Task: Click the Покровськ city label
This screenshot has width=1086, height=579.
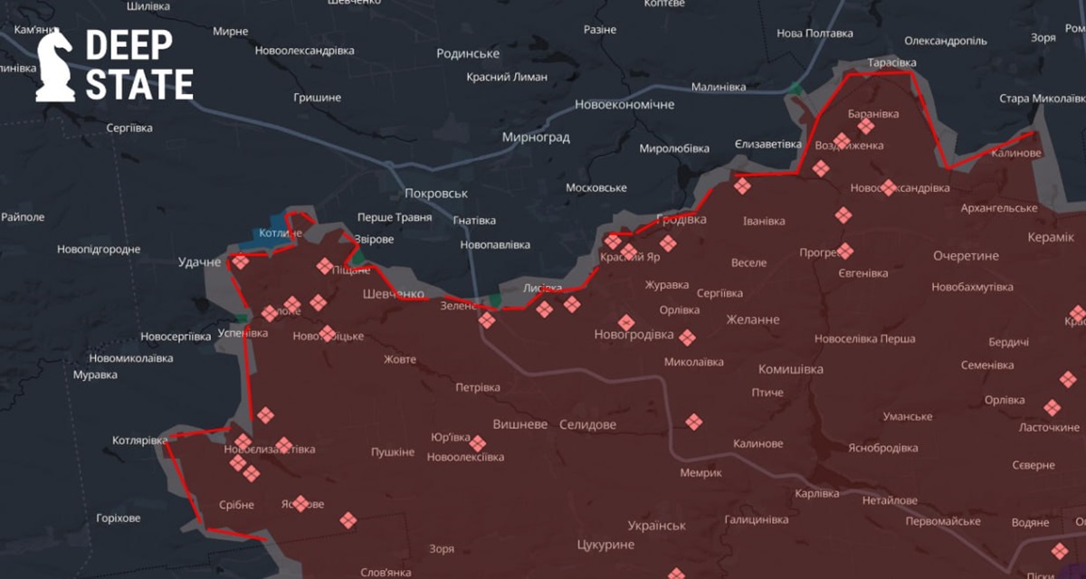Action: tap(436, 194)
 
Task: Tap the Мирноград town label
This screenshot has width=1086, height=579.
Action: tap(536, 138)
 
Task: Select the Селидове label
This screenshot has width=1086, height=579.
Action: tap(587, 424)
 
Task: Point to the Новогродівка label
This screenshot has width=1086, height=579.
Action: tap(633, 335)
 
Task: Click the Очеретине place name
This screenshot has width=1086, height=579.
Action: tap(966, 256)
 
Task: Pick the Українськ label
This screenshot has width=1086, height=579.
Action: tap(656, 526)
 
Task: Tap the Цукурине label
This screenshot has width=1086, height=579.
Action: tap(605, 545)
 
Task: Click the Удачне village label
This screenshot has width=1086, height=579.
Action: tap(199, 262)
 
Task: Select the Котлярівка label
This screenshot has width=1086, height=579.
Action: tap(139, 441)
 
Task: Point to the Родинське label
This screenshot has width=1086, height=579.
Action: tap(468, 53)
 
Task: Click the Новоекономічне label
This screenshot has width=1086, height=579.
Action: tap(624, 105)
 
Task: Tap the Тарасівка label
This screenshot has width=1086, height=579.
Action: tap(891, 62)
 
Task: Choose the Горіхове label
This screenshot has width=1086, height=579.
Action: tap(118, 518)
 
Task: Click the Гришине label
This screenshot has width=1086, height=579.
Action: tap(318, 97)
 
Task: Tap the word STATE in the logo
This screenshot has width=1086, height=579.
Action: tap(139, 85)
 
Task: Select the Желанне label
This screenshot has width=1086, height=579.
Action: tap(752, 319)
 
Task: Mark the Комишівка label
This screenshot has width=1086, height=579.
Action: tap(790, 369)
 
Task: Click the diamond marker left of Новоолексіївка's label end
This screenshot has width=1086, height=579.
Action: tap(478, 443)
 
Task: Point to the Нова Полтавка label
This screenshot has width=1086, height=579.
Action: tap(814, 33)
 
